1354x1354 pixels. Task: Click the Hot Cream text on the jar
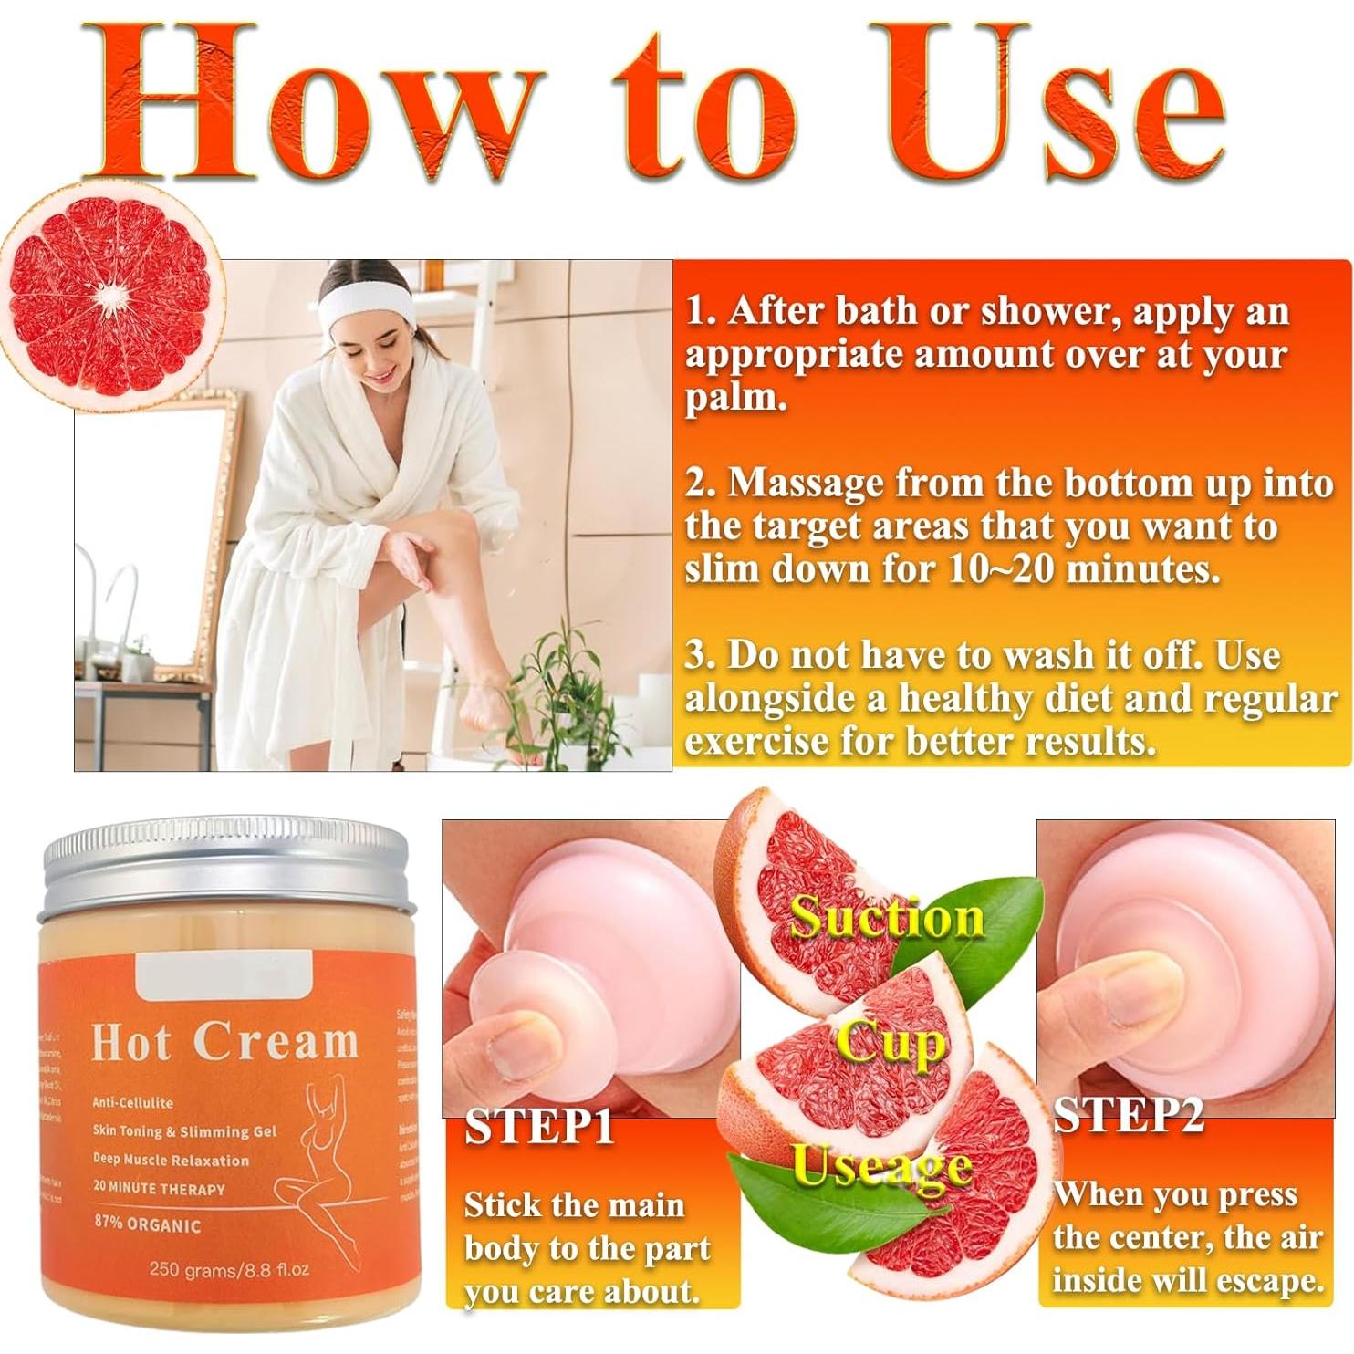pos(224,1042)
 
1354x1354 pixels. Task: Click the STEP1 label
pos(538,1128)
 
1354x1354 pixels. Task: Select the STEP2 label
pos(1128,1115)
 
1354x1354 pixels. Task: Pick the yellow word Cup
pos(891,1042)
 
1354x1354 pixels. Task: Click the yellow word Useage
pos(881,1168)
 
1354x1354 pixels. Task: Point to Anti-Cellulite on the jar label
pos(132,1102)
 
